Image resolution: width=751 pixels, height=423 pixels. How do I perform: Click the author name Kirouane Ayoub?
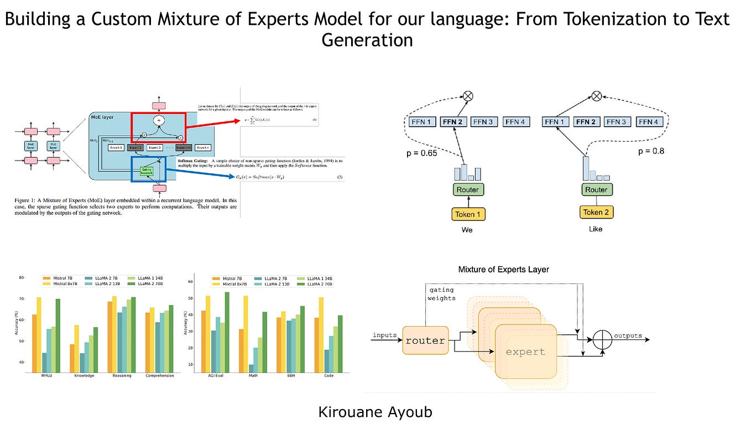click(x=375, y=411)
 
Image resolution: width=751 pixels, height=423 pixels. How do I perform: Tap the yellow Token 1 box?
click(x=467, y=213)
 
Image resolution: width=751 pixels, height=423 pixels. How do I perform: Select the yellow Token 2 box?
click(x=596, y=211)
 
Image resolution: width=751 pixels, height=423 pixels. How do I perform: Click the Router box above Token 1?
click(x=467, y=189)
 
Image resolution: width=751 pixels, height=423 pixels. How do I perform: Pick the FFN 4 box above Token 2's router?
click(x=652, y=121)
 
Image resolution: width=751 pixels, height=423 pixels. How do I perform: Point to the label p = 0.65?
click(x=421, y=153)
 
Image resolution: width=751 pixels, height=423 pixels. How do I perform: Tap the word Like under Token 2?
click(x=596, y=229)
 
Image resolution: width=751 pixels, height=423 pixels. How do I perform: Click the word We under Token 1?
click(x=467, y=229)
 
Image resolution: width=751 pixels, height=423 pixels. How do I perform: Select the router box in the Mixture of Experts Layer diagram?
click(x=425, y=341)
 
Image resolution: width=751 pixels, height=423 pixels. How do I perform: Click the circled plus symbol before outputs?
click(x=603, y=340)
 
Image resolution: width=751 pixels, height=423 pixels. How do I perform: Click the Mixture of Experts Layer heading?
click(x=503, y=270)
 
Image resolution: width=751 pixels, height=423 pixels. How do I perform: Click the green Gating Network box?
click(x=146, y=171)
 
